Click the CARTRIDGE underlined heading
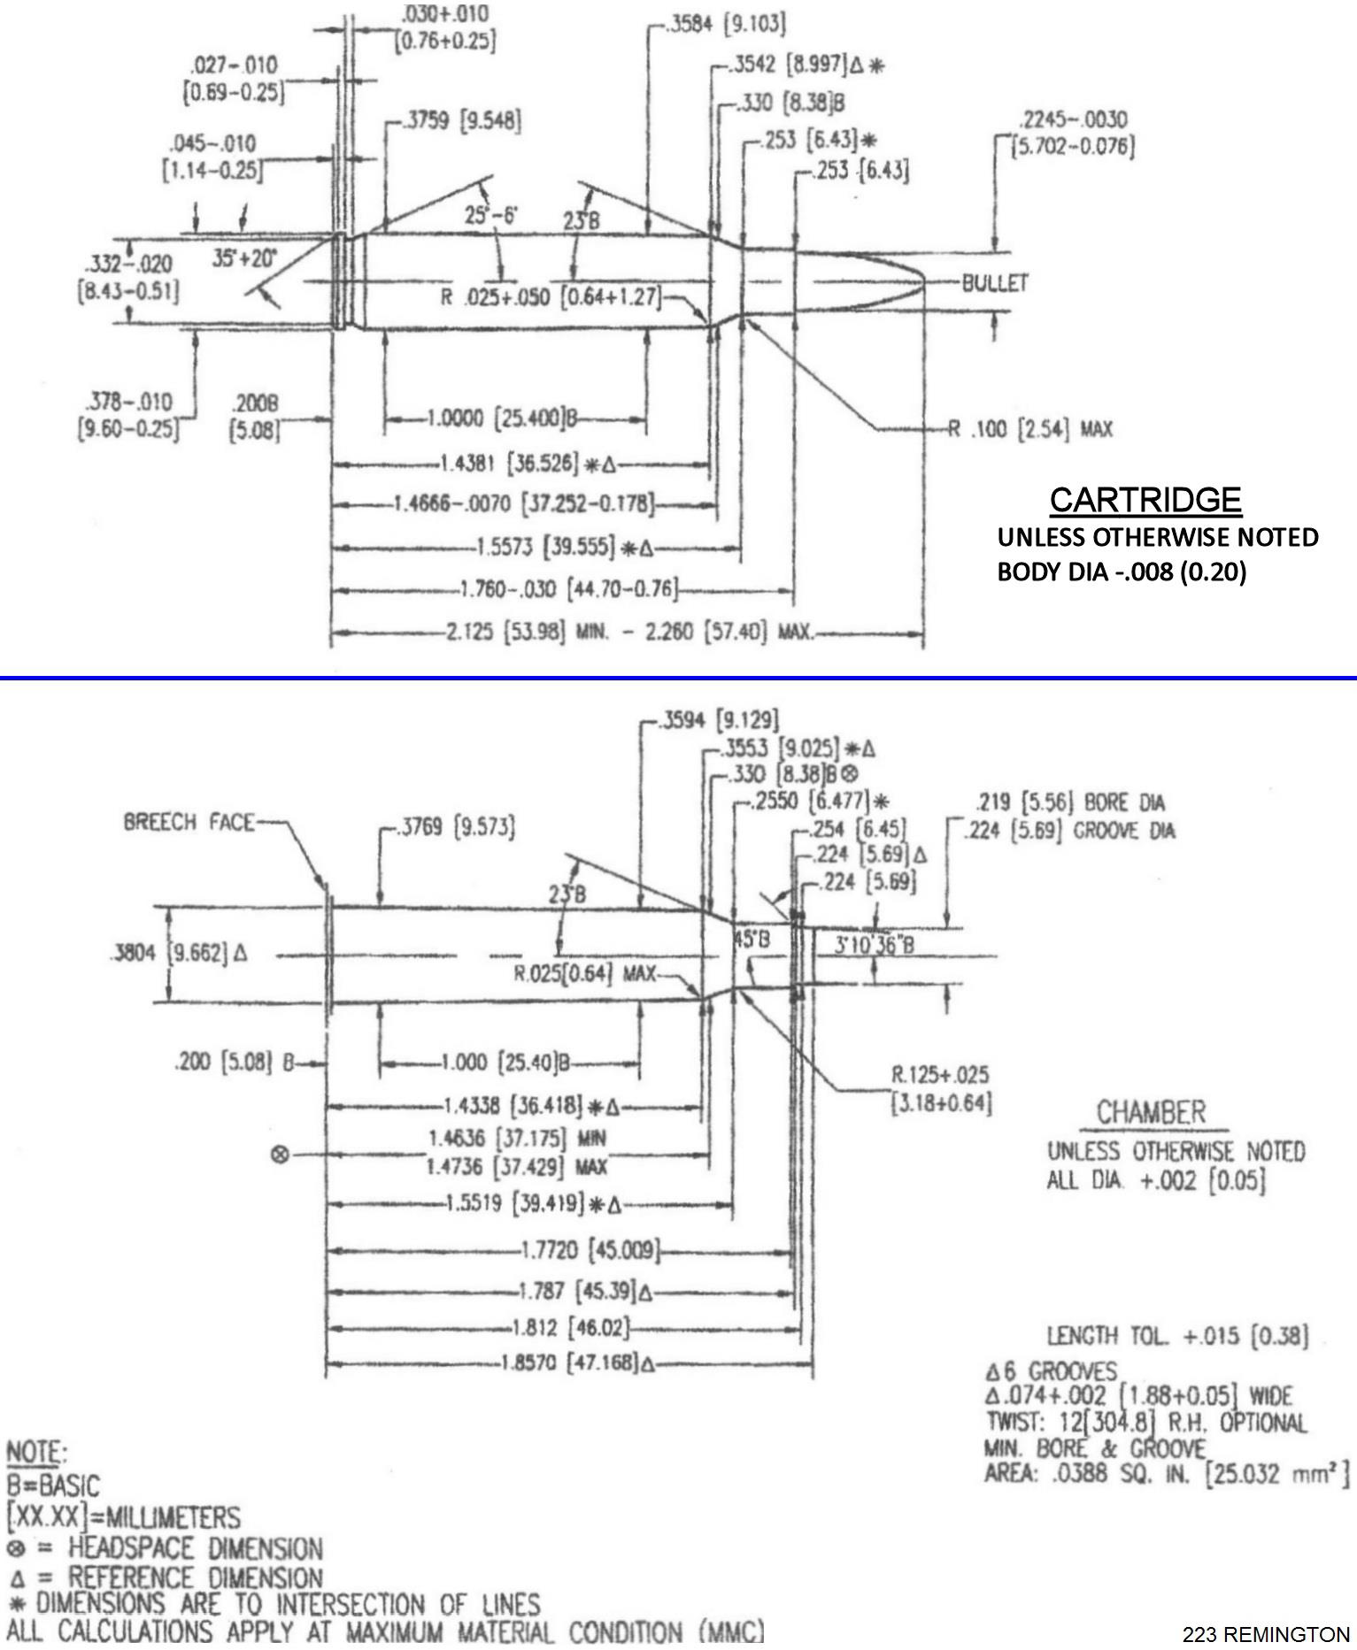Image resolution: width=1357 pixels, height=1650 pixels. tap(1145, 501)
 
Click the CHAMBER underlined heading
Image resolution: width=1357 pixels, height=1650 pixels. tap(1151, 1112)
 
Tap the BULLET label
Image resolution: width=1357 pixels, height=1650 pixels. tap(995, 283)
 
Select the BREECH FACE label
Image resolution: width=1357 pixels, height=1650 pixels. tap(188, 823)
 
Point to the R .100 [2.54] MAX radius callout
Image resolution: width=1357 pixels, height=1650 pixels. tap(1029, 430)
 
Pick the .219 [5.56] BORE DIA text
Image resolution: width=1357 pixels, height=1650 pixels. tap(1069, 803)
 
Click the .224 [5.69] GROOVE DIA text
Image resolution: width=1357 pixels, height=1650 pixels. tap(1069, 831)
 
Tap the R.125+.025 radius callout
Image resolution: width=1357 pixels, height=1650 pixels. tap(939, 1075)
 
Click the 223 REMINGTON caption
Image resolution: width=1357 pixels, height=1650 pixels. tap(1266, 1634)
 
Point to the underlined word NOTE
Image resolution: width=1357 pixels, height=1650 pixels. tap(35, 1453)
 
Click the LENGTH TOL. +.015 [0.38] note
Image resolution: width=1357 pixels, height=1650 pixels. tap(1176, 1336)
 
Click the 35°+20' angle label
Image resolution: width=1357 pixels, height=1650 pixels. tap(244, 258)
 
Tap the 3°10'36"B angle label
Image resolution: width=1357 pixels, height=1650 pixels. tap(874, 945)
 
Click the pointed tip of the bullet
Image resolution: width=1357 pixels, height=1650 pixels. tap(924, 281)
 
